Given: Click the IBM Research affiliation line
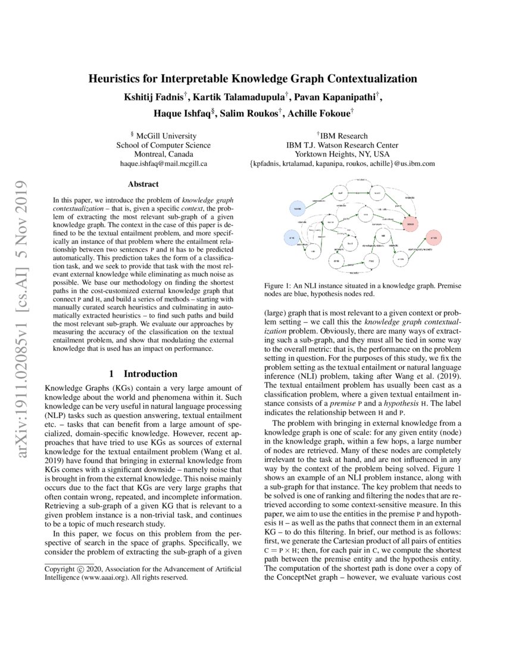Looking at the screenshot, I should pyautogui.click(x=342, y=136).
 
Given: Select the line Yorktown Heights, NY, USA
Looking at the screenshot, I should pyautogui.click(x=342, y=154).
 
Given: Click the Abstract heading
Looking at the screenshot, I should pyautogui.click(x=143, y=184).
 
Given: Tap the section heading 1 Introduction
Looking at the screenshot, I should pyautogui.click(x=143, y=374).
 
